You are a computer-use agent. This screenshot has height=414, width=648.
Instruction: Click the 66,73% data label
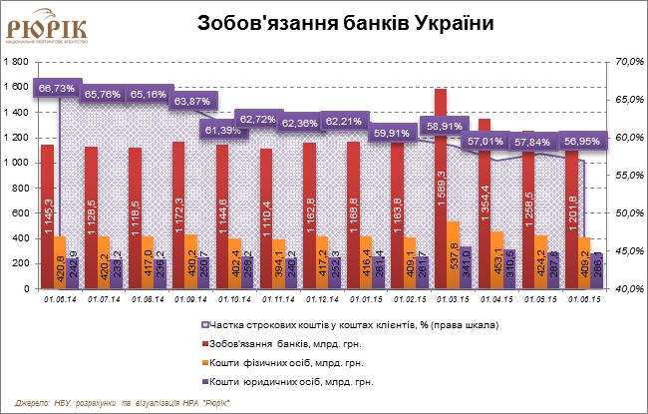57,88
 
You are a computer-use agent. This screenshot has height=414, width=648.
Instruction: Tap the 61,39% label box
224,130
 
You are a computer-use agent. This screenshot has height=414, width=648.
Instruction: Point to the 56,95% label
583,141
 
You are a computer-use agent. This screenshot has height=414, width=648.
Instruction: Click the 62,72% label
259,120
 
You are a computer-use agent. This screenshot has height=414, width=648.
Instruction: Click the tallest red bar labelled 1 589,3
440,190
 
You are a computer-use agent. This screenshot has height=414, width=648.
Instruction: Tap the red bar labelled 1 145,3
47,217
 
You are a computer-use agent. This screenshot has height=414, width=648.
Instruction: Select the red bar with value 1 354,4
484,205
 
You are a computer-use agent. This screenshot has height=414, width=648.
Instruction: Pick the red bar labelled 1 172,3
177,215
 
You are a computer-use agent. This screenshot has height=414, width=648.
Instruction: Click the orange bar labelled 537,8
453,255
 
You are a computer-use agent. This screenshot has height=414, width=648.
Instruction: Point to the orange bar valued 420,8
60,263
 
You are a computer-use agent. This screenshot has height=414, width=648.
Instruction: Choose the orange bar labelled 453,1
496,260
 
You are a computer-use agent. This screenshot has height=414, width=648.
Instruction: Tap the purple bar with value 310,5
509,269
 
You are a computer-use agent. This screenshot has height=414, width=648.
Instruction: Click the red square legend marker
205,343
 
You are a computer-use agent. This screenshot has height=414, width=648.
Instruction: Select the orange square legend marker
205,362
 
